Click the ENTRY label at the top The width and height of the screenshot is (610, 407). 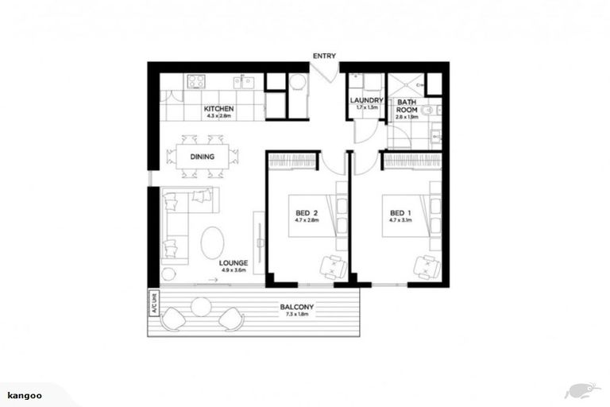pyautogui.click(x=324, y=56)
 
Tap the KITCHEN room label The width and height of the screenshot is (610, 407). pyautogui.click(x=218, y=108)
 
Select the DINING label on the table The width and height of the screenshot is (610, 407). pyautogui.click(x=202, y=156)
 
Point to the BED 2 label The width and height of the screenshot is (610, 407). pyautogui.click(x=306, y=213)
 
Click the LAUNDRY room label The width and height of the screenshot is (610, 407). pyautogui.click(x=367, y=101)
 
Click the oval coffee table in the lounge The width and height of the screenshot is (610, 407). pyautogui.click(x=212, y=242)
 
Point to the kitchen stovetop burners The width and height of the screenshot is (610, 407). pyautogui.click(x=195, y=80)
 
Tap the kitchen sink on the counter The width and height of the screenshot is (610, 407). pyautogui.click(x=245, y=80)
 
